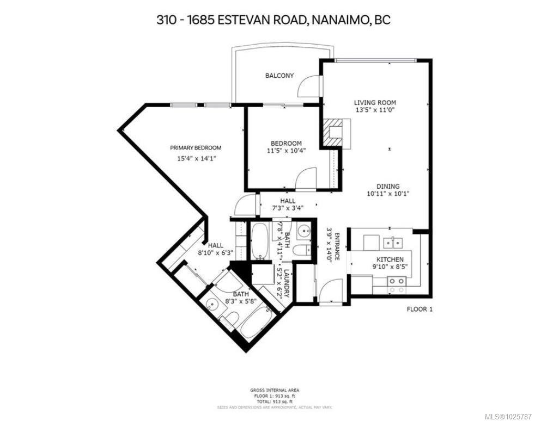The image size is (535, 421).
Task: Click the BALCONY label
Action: [279, 76]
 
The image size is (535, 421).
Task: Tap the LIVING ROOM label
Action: [375, 102]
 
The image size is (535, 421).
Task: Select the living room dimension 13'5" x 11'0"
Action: [375, 110]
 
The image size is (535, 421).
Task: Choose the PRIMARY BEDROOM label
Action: [196, 148]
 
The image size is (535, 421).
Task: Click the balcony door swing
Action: [309, 85]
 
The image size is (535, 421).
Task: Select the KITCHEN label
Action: [390, 259]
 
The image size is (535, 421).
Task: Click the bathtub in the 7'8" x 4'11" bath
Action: [258, 240]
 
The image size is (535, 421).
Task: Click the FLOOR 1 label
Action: [420, 309]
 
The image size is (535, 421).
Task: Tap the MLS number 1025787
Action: [504, 416]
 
